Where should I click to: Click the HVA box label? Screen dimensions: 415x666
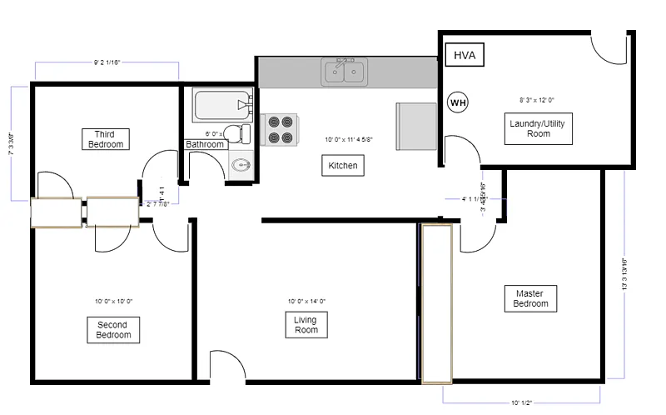[465, 55]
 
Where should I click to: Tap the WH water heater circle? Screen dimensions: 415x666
[458, 102]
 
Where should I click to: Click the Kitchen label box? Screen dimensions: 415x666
[342, 166]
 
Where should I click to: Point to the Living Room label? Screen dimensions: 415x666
[306, 325]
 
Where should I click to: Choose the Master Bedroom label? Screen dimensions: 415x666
[529, 298]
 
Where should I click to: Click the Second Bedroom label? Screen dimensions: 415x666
[113, 329]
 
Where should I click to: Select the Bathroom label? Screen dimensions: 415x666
[205, 144]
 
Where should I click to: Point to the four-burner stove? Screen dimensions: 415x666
[279, 129]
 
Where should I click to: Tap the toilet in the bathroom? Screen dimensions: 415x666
[241, 133]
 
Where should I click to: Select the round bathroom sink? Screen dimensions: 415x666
[240, 164]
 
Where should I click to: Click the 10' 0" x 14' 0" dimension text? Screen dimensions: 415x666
[306, 301]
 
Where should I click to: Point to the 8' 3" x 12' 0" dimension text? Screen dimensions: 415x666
[537, 100]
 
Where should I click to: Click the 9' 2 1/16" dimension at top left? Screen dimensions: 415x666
[107, 62]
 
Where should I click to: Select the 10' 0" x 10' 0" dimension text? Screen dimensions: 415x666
[113, 301]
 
